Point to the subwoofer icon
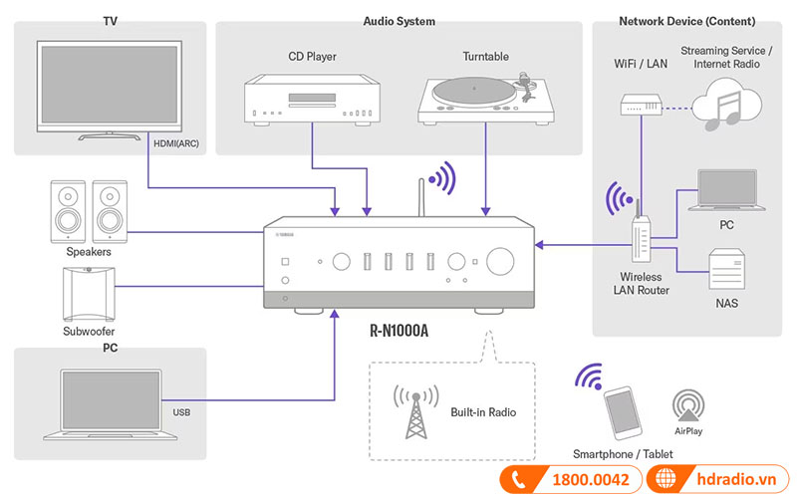86,295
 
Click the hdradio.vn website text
734,480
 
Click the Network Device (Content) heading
686,21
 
